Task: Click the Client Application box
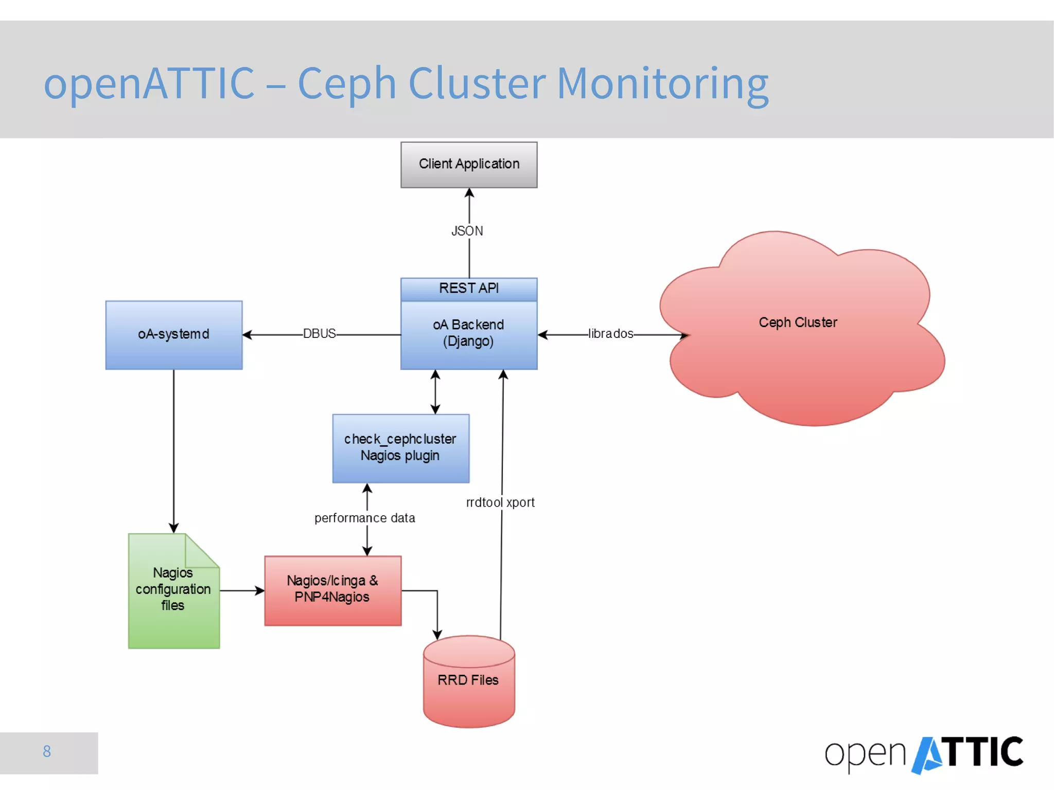[469, 165]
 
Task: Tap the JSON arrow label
[467, 231]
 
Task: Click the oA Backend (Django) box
[469, 335]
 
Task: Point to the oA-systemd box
[174, 335]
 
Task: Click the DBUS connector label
[320, 333]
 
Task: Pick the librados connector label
[611, 333]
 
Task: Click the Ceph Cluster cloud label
[798, 322]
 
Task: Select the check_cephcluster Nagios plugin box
[401, 448]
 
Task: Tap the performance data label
[365, 518]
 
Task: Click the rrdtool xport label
[500, 502]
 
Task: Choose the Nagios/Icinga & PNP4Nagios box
[333, 590]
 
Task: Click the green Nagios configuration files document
[174, 591]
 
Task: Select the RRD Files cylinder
[469, 681]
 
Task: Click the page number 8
[47, 751]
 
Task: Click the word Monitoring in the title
[663, 84]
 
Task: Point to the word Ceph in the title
[347, 84]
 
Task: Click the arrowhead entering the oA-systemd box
[247, 335]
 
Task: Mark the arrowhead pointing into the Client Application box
[469, 193]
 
